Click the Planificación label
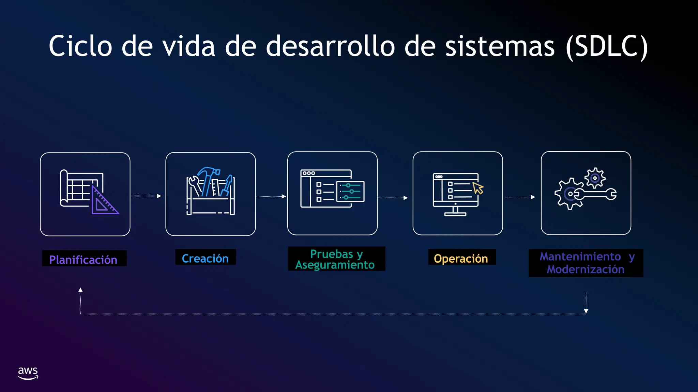point(83,260)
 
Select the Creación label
point(205,258)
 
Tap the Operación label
point(461,258)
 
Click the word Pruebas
point(331,254)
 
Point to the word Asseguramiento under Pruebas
point(335,265)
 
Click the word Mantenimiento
point(580,256)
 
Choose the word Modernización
point(586,269)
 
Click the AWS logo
point(28,373)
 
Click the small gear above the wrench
point(595,178)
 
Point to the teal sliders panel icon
point(351,191)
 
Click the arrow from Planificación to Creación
point(146,196)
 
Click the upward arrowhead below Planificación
point(80,290)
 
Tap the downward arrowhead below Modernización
point(586,311)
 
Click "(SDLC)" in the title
point(607,47)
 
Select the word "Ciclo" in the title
point(80,47)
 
